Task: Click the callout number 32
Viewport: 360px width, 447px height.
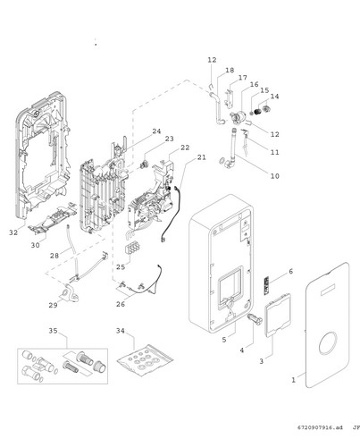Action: click(13, 232)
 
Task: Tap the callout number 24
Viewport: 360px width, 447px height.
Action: click(156, 131)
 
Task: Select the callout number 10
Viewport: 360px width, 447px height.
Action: click(275, 176)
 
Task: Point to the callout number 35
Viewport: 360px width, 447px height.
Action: click(53, 331)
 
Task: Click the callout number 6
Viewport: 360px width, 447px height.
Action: click(290, 271)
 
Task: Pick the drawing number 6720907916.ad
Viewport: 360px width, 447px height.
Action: click(320, 427)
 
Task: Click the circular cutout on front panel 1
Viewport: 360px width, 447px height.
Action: click(328, 343)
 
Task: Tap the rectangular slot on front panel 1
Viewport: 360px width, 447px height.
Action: click(328, 290)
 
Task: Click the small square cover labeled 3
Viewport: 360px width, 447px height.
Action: click(278, 316)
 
